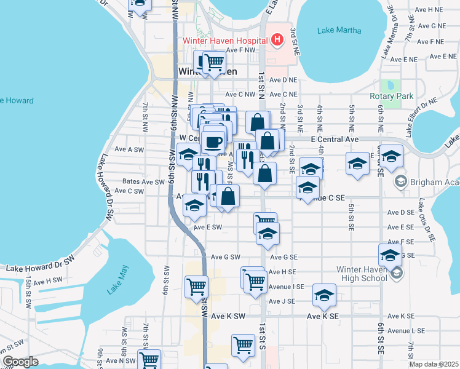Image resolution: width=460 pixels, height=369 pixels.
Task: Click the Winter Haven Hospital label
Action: click(x=224, y=41)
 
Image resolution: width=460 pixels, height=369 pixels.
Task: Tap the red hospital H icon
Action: click(x=277, y=41)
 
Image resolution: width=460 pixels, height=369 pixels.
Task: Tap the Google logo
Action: click(x=20, y=362)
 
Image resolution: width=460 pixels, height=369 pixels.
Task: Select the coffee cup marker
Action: click(x=213, y=141)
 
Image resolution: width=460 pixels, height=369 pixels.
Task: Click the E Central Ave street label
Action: click(x=335, y=140)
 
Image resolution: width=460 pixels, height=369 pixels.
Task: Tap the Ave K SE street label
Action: click(x=323, y=316)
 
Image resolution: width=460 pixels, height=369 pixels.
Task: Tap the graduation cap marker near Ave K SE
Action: click(x=324, y=296)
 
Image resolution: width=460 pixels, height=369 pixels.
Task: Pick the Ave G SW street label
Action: click(x=224, y=257)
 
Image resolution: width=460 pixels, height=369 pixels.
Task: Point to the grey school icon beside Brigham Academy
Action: click(x=401, y=181)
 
